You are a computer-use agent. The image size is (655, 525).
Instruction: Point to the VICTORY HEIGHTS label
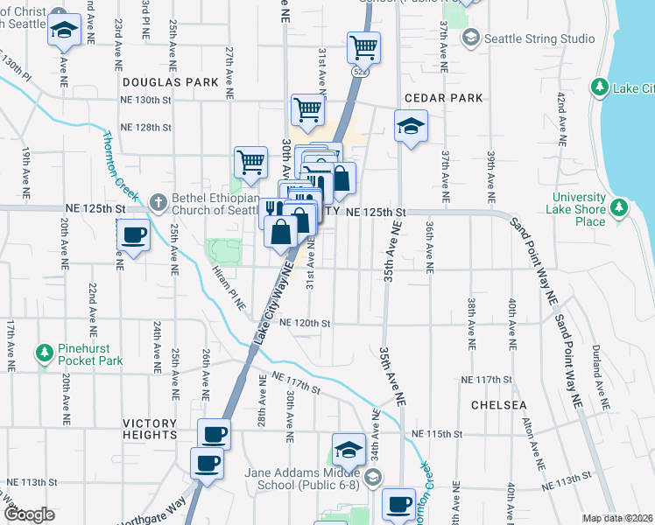(137, 428)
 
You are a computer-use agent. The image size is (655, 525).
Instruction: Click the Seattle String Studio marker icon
(471, 38)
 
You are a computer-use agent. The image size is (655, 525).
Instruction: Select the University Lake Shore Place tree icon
(620, 207)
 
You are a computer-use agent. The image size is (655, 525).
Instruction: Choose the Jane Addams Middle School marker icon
(374, 477)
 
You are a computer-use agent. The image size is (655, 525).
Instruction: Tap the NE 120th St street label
(305, 323)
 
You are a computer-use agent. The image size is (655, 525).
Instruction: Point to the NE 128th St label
(145, 128)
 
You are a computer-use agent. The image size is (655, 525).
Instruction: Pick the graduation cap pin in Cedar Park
(410, 127)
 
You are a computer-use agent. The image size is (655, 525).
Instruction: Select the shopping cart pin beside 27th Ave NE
(250, 162)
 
